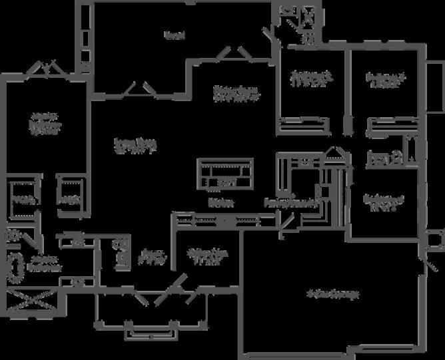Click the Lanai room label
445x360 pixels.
175,35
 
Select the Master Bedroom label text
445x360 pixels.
45,124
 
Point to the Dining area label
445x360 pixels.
236,92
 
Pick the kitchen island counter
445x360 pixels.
226,172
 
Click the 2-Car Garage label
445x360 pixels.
332,293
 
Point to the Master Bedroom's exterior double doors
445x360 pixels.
47,67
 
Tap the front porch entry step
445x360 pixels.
151,332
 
